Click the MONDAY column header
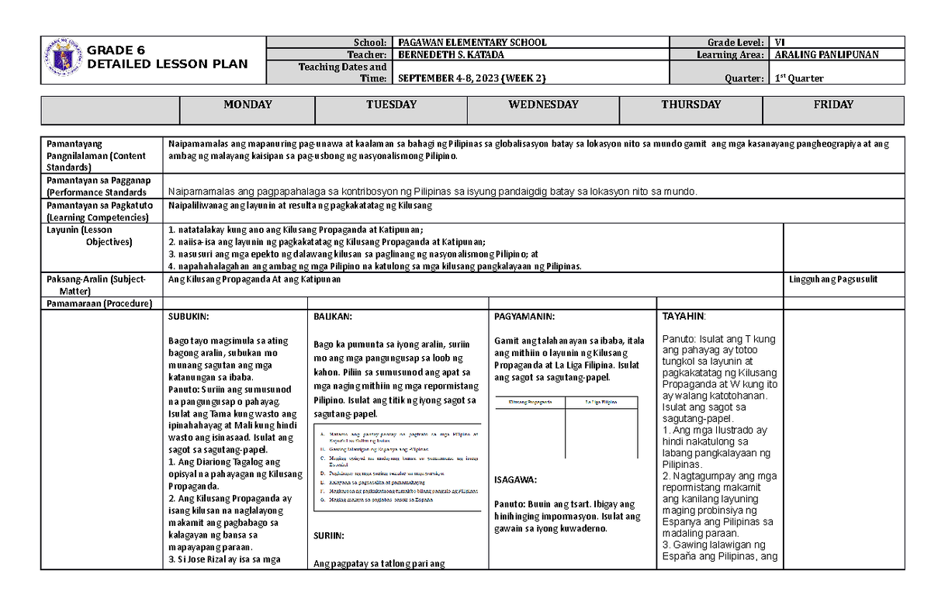247,105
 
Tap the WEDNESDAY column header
543,105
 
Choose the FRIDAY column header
833,105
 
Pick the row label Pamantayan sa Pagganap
85,179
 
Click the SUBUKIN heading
189,317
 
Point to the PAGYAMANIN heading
524,317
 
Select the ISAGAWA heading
514,479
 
